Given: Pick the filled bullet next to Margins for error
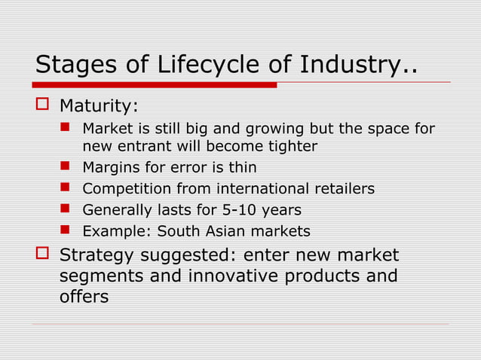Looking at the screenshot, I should point(65,166).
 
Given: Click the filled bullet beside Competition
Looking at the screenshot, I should point(65,188).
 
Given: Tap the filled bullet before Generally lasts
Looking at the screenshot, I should point(65,209).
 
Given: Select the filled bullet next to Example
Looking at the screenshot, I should point(65,230).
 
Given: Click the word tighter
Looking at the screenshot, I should point(291,145).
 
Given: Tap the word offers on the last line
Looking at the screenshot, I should point(84,297).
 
